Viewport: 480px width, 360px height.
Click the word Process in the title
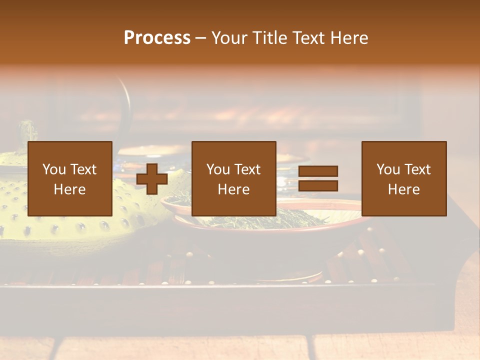coord(157,38)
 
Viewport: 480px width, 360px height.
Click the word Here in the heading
coord(349,38)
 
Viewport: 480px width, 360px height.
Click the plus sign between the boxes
coord(152,179)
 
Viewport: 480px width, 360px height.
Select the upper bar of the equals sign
coord(318,171)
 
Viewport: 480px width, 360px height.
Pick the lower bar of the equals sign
coord(318,186)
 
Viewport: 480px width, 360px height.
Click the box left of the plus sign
coord(70,178)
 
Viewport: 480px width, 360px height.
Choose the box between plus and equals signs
coord(234,178)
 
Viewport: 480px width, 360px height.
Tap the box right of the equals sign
coord(404,178)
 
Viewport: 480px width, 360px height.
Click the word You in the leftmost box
coord(54,169)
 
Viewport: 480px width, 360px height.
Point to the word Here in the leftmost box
coord(70,189)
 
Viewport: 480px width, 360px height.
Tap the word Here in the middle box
coord(234,189)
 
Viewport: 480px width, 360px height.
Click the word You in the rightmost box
coord(388,169)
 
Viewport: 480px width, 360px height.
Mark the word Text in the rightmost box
coord(417,169)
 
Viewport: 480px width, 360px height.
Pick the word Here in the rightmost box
coord(404,189)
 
